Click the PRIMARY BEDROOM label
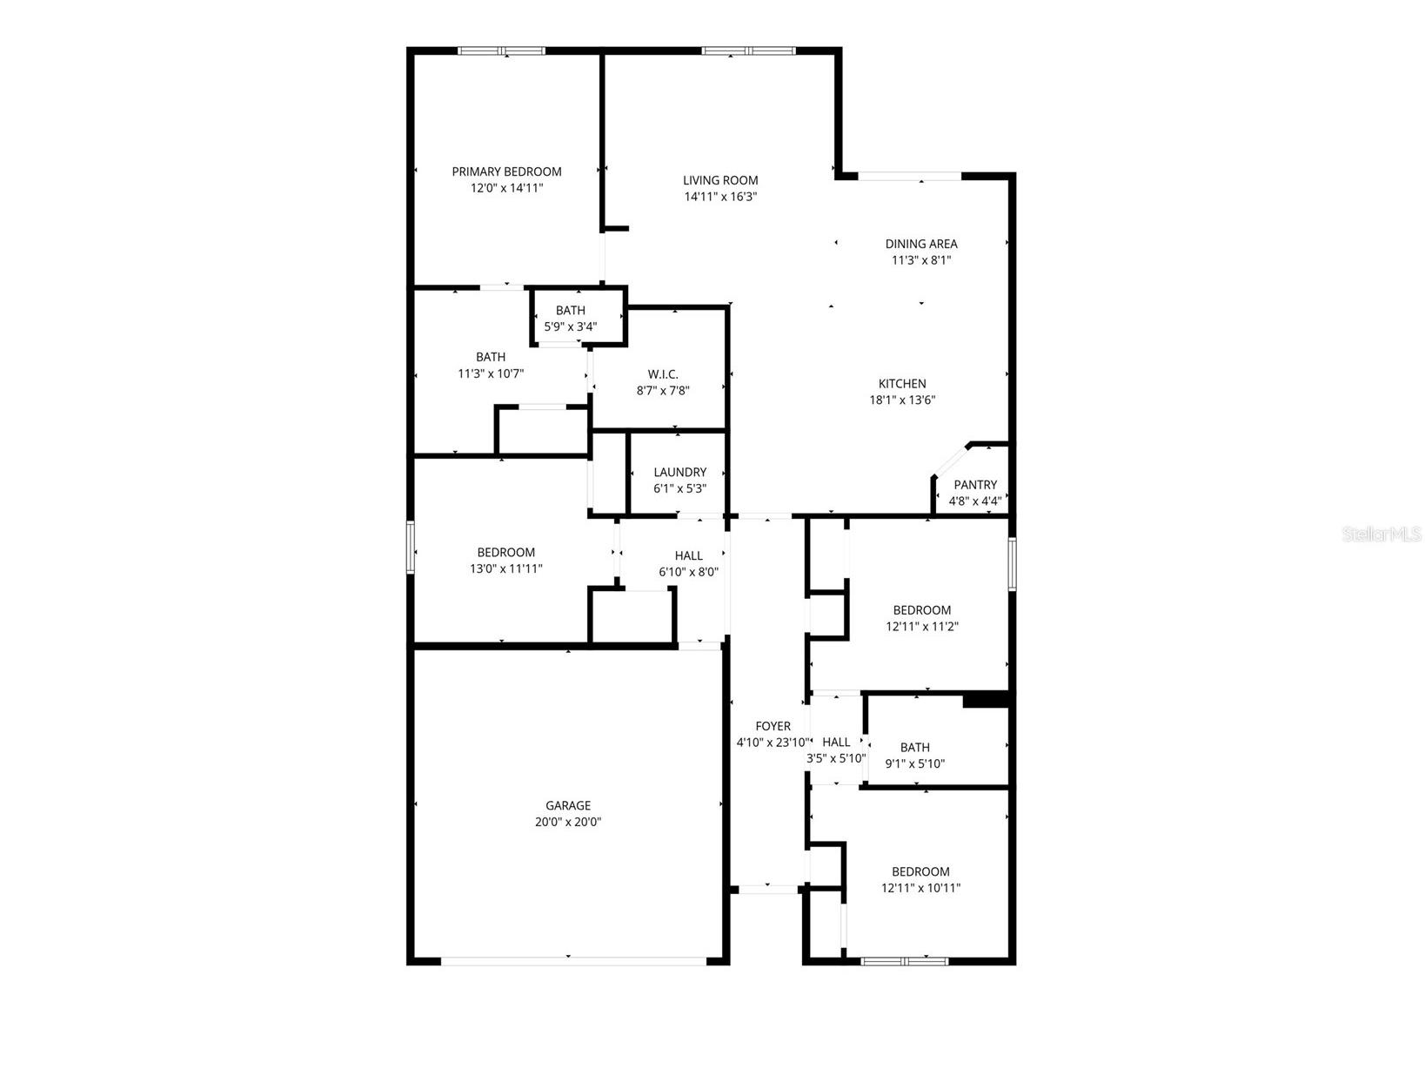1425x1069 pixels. tap(506, 171)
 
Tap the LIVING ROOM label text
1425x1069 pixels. tap(720, 180)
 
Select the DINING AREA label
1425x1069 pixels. tap(921, 244)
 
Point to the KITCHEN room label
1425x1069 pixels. tap(902, 384)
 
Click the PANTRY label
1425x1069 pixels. tap(975, 485)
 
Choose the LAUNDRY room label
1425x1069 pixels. tap(680, 473)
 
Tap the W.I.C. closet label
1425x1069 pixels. tap(663, 374)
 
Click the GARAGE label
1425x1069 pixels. tap(568, 806)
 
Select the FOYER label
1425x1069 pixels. tap(773, 726)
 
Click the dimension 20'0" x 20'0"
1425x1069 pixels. tap(568, 822)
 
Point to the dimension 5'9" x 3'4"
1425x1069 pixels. tap(571, 327)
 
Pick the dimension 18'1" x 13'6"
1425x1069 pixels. tap(902, 400)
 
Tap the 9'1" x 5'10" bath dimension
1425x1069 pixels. tap(915, 764)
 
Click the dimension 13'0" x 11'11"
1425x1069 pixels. tap(506, 569)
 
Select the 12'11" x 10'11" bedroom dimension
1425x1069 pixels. tap(920, 889)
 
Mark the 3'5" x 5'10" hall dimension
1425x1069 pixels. tap(836, 758)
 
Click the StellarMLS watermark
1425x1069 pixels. tap(1382, 534)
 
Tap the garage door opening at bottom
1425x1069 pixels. tap(574, 961)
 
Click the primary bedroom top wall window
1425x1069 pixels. tap(502, 50)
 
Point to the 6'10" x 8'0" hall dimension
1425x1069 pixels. tap(688, 573)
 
